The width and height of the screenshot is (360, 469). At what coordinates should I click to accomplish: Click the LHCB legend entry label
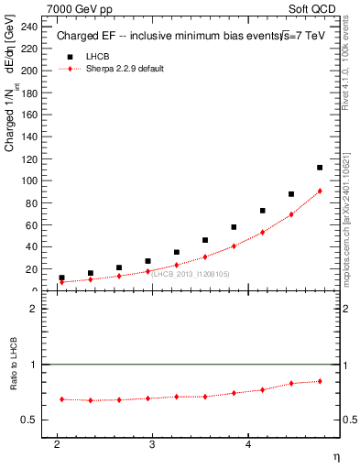[x=96, y=57]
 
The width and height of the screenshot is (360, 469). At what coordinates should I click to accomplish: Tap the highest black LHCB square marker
[x=320, y=168]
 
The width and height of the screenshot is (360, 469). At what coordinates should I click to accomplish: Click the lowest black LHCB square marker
[x=61, y=278]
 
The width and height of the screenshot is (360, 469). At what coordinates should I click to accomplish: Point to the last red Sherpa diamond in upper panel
[x=320, y=191]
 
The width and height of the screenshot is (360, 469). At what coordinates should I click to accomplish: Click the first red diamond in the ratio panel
[x=61, y=399]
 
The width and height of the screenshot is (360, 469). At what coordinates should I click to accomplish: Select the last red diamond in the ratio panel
[x=320, y=381]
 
